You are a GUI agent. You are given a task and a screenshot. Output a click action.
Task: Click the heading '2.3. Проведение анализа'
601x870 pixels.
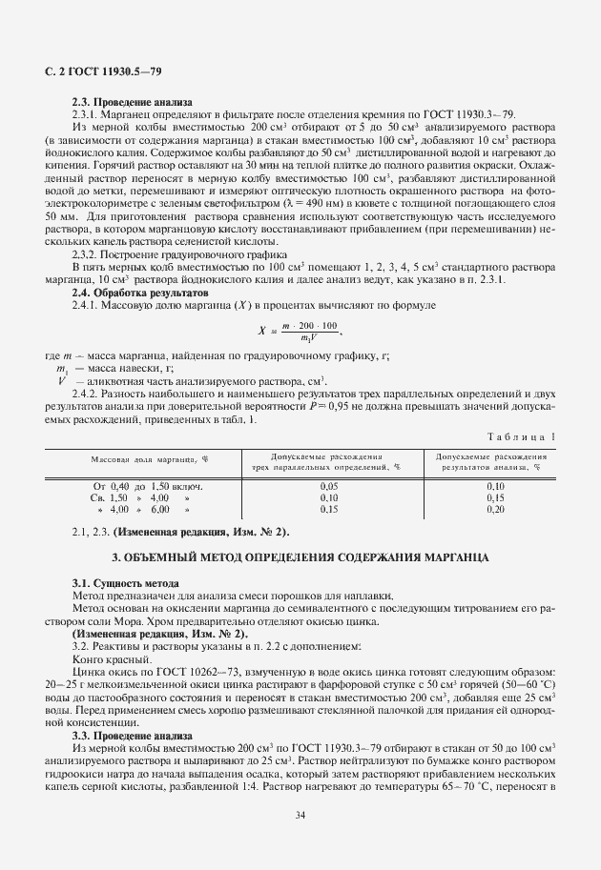[132, 102]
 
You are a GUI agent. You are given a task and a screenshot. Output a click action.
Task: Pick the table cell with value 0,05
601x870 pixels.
[329, 485]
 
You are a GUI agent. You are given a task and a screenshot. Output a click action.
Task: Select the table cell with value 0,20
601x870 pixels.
[495, 510]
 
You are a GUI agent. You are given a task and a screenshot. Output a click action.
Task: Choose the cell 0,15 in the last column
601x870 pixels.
[495, 497]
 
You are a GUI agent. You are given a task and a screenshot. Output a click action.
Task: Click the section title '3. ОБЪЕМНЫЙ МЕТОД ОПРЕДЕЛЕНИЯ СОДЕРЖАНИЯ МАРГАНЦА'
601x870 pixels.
[300, 556]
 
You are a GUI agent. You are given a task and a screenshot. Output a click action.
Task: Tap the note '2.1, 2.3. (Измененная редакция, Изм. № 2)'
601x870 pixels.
[180, 531]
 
